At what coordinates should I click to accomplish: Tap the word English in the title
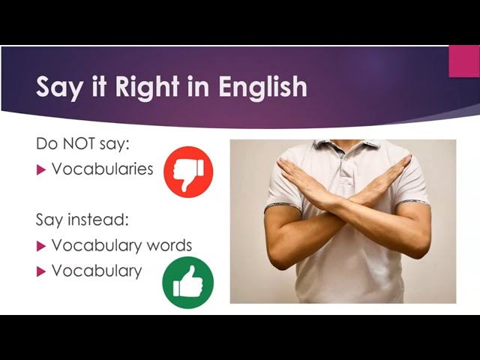coord(262,87)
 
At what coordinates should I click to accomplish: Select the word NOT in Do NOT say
coord(79,143)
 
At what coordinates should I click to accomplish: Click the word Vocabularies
coord(102,169)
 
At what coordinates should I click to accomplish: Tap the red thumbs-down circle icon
coord(188,172)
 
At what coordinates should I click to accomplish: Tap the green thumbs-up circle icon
coord(188,283)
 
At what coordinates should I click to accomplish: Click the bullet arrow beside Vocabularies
coord(41,169)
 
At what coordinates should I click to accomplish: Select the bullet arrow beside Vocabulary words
coord(41,246)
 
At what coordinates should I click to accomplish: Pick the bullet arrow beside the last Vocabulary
coord(41,271)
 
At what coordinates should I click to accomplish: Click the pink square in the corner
coord(464,61)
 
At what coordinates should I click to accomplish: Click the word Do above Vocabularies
coord(46,143)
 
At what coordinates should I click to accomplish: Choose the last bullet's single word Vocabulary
coord(97,271)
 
